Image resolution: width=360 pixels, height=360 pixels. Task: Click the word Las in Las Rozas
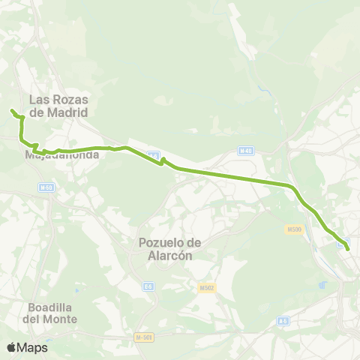pyautogui.click(x=39, y=100)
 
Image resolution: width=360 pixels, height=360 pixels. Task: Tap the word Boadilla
pyautogui.click(x=51, y=307)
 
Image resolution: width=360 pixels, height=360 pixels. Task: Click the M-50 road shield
pyautogui.click(x=46, y=187)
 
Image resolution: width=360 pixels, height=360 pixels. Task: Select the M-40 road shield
pyautogui.click(x=244, y=151)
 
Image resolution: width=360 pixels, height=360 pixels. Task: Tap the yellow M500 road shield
pyautogui.click(x=294, y=229)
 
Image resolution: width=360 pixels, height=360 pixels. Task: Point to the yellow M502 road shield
pyautogui.click(x=207, y=288)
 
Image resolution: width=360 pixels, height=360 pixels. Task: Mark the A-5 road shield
pyautogui.click(x=283, y=321)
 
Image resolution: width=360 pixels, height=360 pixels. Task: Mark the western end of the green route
pyautogui.click(x=12, y=111)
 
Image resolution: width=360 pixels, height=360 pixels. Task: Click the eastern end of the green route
pyautogui.click(x=347, y=248)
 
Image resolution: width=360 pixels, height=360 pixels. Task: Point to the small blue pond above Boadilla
pyautogui.click(x=77, y=290)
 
